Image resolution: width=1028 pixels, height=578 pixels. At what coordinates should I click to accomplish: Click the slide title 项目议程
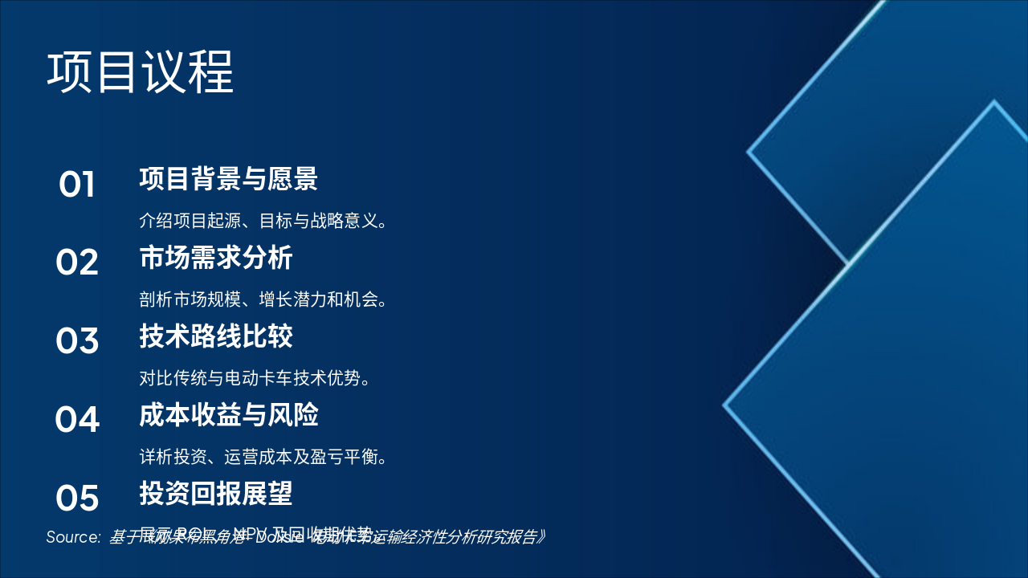tap(141, 73)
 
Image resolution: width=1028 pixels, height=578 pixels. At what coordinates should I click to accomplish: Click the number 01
tap(77, 185)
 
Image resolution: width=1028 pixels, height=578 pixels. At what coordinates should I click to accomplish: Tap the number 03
tap(77, 341)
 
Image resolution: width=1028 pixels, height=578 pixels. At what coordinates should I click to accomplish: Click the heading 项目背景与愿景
tap(229, 179)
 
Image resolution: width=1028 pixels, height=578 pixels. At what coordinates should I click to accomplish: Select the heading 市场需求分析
tap(216, 258)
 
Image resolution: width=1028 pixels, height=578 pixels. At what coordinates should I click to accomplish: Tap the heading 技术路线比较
tap(216, 336)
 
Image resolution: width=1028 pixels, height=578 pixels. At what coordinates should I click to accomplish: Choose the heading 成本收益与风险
tap(229, 415)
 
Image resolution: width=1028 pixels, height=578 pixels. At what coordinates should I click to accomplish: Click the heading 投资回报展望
tap(216, 493)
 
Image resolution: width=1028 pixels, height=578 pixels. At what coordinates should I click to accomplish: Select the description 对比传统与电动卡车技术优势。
tap(255, 378)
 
